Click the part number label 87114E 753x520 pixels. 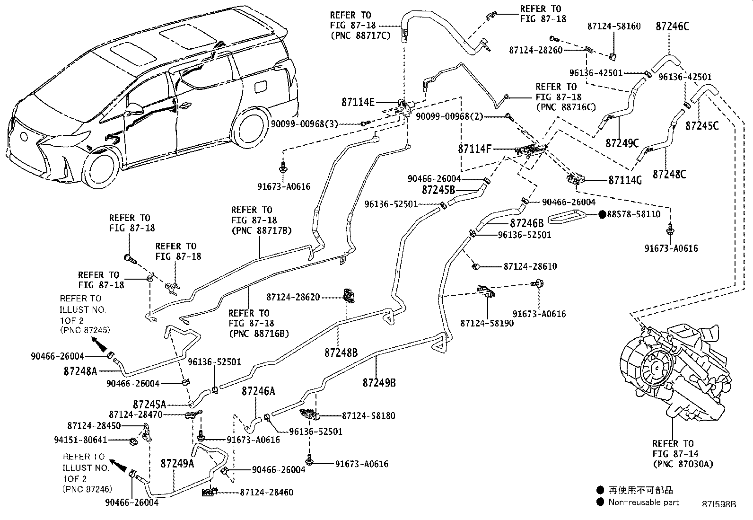point(358,102)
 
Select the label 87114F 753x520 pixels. point(474,149)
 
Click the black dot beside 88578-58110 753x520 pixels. point(602,214)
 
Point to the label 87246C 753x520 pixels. point(672,26)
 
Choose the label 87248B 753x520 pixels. point(341,353)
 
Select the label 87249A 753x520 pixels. point(177,463)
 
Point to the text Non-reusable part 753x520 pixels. point(643,502)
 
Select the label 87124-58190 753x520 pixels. point(487,324)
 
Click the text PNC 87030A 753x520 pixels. point(682,464)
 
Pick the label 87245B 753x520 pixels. point(438,190)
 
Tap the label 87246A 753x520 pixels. point(258,391)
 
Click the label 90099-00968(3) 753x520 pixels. point(305,123)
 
